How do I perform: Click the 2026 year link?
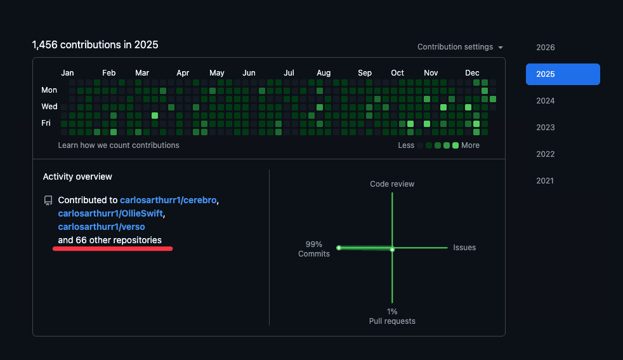tap(545, 48)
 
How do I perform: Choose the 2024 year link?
tap(545, 101)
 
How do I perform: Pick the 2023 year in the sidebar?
tap(545, 128)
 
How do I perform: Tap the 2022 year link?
tap(545, 154)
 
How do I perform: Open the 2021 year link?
tap(545, 181)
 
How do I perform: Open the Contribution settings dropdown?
tap(460, 47)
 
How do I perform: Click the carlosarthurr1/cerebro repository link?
tap(168, 200)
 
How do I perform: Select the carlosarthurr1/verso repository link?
tap(101, 227)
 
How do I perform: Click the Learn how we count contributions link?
tap(119, 145)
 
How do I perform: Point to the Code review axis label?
tap(392, 184)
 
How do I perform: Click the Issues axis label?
tap(464, 248)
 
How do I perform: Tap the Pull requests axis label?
tap(392, 321)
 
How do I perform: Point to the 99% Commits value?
tap(314, 249)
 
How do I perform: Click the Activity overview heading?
tap(77, 177)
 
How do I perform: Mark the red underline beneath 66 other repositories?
tap(112, 249)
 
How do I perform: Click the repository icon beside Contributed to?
tap(48, 201)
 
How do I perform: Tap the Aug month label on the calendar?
tap(324, 73)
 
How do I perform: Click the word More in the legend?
tap(470, 145)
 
